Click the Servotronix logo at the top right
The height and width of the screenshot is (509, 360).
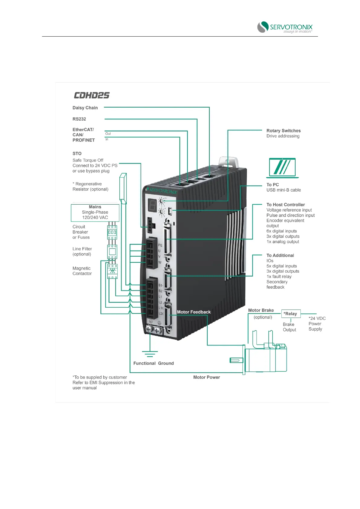[284, 27]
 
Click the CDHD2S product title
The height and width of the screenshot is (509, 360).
[92, 96]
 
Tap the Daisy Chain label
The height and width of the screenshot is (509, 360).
[85, 108]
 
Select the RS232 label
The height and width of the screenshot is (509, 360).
[79, 119]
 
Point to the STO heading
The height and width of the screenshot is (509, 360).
[77, 154]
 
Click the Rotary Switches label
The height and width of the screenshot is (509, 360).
[283, 131]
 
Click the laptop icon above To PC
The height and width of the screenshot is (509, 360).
[282, 168]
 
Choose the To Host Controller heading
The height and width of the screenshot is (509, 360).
[285, 205]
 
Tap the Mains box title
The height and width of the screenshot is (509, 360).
[95, 207]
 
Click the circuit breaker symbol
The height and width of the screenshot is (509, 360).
[112, 232]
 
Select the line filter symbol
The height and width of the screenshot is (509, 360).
[112, 252]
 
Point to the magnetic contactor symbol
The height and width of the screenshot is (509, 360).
[112, 271]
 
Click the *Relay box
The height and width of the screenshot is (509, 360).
[290, 314]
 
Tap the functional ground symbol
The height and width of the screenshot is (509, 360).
[150, 354]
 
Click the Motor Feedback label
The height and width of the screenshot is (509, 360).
[193, 312]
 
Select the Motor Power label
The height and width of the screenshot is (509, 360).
[206, 378]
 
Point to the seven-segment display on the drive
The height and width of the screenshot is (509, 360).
[153, 206]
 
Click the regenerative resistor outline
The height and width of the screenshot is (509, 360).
[123, 188]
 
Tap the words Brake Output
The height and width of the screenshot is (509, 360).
[289, 327]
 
